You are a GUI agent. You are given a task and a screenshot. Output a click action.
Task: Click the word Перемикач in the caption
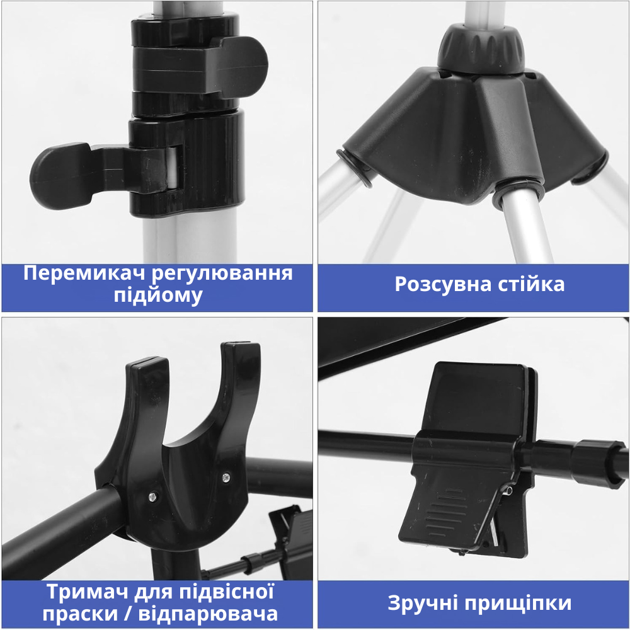[86, 274]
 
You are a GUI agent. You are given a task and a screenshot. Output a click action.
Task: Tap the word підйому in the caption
[158, 295]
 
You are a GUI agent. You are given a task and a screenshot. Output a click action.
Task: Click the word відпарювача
[208, 614]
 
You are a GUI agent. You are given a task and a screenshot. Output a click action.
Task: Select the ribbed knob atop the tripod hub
[481, 49]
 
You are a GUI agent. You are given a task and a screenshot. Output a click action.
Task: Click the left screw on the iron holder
[152, 497]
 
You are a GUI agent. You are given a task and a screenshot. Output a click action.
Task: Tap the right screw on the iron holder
[226, 477]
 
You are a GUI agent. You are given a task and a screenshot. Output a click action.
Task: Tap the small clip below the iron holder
[291, 541]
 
